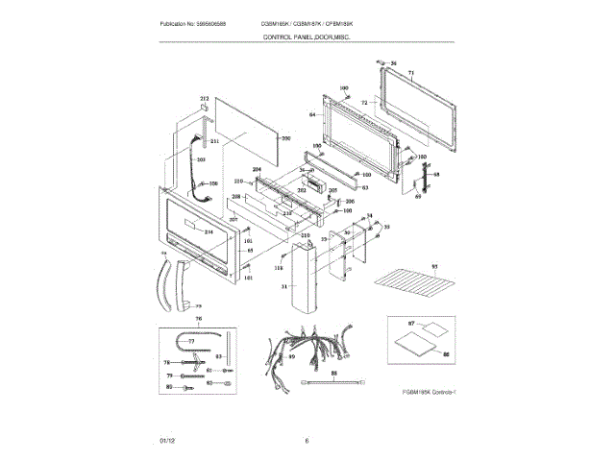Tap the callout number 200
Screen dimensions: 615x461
(285, 138)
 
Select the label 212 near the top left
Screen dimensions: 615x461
(204, 100)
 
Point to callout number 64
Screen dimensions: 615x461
(312, 114)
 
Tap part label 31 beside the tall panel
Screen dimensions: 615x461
(283, 286)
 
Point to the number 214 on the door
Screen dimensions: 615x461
(209, 232)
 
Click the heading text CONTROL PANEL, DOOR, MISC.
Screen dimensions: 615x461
(307, 36)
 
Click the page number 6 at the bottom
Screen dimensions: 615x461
(307, 441)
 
